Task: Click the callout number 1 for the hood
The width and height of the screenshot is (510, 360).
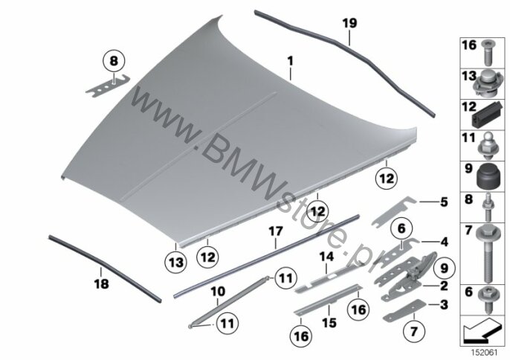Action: [290, 61]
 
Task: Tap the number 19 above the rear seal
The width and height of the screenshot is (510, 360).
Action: [349, 23]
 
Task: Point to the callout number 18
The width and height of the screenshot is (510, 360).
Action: [101, 284]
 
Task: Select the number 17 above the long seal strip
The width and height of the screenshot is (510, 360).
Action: [276, 232]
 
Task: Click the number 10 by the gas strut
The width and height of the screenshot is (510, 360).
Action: [218, 292]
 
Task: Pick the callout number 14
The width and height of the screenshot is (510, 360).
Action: [326, 257]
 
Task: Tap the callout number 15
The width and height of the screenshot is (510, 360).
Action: [329, 323]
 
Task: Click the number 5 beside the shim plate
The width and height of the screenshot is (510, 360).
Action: [444, 202]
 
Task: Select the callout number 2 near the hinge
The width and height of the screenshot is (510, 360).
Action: [444, 286]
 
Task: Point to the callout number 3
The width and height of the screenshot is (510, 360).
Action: [444, 305]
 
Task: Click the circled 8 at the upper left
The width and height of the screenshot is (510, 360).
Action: [114, 61]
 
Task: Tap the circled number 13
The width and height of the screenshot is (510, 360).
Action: [175, 263]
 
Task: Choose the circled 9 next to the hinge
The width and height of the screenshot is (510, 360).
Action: [444, 269]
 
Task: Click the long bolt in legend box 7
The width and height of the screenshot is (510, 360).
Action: [486, 253]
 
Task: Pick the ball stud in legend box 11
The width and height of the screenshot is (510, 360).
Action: [486, 146]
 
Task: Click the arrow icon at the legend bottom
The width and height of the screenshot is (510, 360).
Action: [482, 330]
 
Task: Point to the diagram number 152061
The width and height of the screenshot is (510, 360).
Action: [484, 352]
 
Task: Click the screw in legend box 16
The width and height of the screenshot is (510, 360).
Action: [487, 53]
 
